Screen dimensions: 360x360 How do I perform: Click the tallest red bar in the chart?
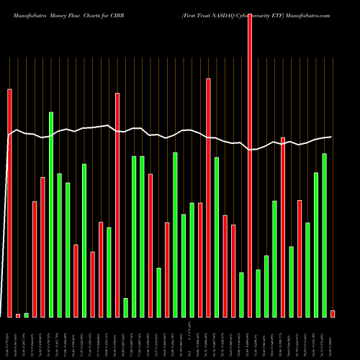[x=250, y=166]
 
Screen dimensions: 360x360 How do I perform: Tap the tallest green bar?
[x=51, y=215]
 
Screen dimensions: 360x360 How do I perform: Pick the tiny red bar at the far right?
[x=333, y=313]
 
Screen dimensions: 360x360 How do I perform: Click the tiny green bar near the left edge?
[x=27, y=315]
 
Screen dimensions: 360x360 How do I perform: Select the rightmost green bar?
[x=325, y=235]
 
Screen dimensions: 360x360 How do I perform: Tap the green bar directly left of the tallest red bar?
[x=241, y=294]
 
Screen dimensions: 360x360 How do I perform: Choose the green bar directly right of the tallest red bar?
[x=258, y=293]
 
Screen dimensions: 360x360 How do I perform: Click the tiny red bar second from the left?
[x=18, y=315]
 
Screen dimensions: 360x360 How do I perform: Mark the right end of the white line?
[x=331, y=137]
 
